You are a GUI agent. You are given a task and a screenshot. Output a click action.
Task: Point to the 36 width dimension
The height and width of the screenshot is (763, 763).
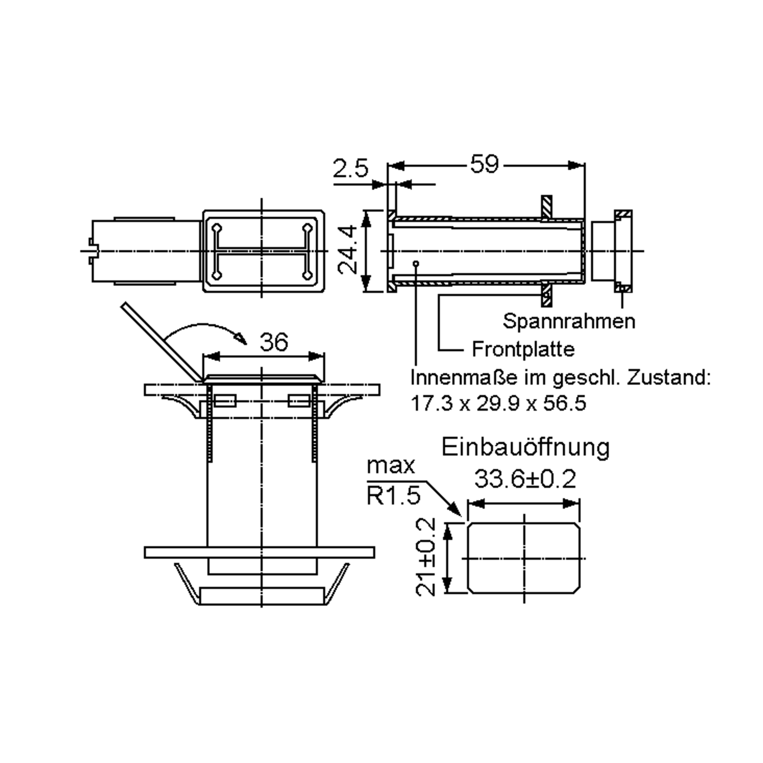pyautogui.click(x=274, y=342)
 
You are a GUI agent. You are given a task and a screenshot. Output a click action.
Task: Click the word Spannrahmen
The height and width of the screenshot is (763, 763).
pyautogui.click(x=569, y=321)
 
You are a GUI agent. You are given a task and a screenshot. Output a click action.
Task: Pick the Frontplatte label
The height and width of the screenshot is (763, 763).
pyautogui.click(x=523, y=349)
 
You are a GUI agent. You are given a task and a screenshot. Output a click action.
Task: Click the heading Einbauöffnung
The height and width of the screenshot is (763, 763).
pyautogui.click(x=526, y=447)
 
